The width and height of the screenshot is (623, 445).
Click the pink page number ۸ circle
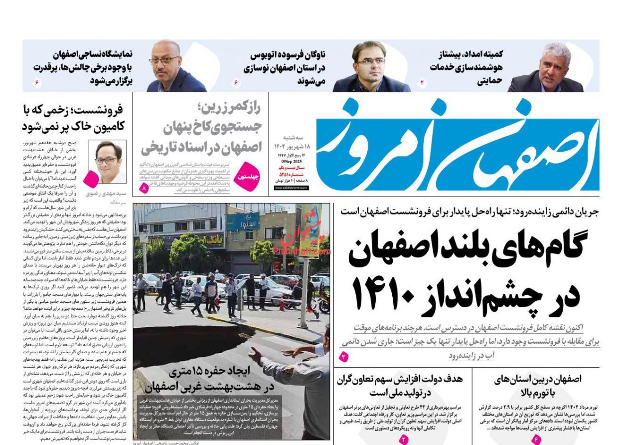(145, 189)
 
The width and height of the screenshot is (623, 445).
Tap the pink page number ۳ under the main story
(344, 356)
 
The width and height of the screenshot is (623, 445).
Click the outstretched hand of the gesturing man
(256, 355)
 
